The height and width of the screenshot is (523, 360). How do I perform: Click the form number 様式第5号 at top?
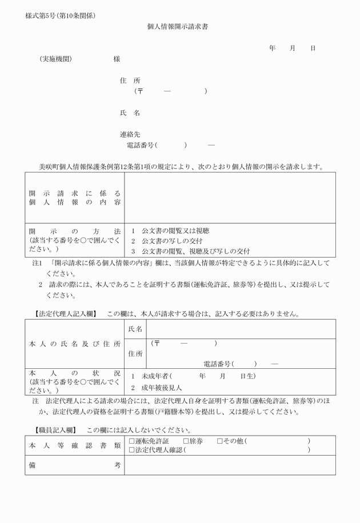tap(60, 15)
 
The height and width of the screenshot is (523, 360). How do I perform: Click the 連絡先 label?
tap(130, 135)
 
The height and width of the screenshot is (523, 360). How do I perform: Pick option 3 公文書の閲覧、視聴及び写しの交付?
tap(190, 251)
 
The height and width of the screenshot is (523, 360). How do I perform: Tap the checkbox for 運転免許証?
tap(132, 441)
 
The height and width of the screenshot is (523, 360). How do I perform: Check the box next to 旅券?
tap(186, 441)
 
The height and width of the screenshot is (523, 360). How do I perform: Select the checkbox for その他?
tap(220, 441)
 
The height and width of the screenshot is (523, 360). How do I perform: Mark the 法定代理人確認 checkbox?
tap(132, 450)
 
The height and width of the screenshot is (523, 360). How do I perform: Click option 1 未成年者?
tap(152, 376)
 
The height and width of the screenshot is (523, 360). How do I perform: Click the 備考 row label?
tap(75, 465)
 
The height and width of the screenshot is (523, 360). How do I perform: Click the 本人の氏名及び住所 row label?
tap(75, 344)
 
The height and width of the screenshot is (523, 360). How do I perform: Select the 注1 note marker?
tap(37, 264)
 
